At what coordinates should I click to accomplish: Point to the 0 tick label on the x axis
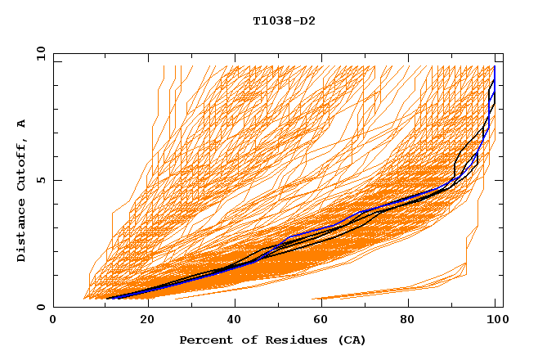tap(53, 320)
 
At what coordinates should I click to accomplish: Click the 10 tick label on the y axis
tap(40, 53)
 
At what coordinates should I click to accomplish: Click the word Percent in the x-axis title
tap(204, 340)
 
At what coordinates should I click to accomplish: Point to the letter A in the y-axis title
tap(22, 124)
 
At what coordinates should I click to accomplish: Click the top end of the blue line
tap(494, 66)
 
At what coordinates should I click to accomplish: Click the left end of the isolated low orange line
tap(313, 299)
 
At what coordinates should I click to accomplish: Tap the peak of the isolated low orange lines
tap(466, 263)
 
